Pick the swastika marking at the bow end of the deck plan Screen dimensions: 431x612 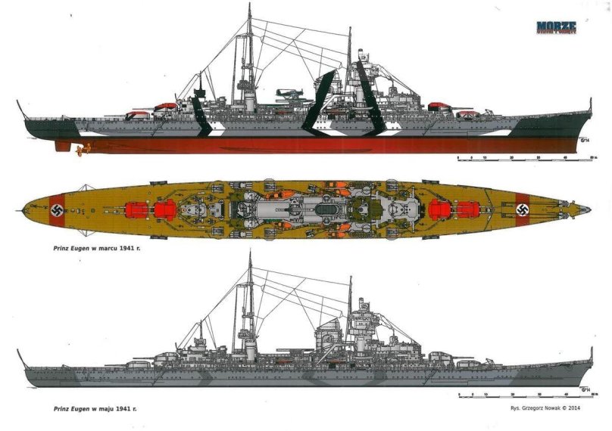(521, 207)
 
